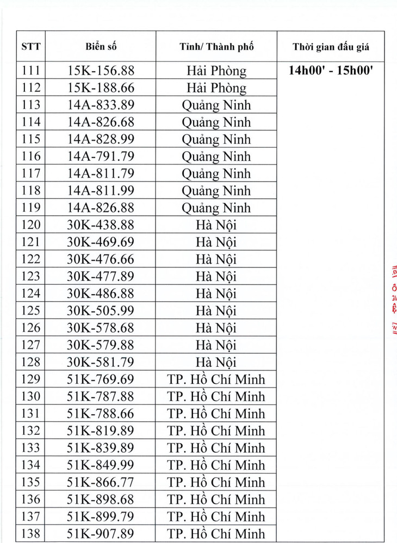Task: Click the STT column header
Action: click(30, 47)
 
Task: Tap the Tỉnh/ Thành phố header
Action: click(216, 47)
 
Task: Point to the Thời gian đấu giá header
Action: click(331, 47)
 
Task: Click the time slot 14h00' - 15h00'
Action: click(331, 70)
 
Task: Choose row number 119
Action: click(30, 208)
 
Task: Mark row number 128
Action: click(30, 362)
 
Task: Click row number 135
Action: click(30, 482)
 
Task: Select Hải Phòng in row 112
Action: click(216, 88)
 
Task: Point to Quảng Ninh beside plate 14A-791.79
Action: click(216, 157)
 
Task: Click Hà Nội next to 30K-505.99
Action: click(216, 311)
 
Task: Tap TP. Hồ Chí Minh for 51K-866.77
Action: click(216, 482)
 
